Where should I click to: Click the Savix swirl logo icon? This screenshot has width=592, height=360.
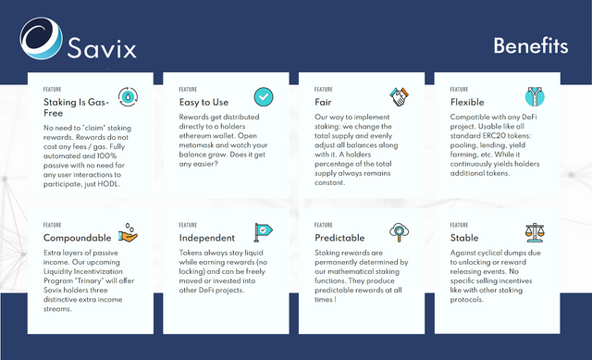41,38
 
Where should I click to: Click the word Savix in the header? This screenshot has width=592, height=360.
102,48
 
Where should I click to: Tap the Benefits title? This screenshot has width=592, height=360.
530,45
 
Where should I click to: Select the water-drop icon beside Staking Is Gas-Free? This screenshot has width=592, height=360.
128,96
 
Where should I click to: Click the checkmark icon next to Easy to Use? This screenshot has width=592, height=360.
264,96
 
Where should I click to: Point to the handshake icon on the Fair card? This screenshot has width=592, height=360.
399,96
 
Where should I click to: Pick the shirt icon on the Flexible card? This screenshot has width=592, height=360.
535,96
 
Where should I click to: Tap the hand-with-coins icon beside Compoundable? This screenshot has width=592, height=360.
128,232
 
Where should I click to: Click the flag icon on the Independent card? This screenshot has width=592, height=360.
263,232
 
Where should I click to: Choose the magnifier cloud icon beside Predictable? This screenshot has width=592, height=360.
399,232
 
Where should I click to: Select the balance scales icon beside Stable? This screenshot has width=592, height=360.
535,232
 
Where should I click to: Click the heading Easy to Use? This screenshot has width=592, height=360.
203,103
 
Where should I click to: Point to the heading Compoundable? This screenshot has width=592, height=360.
78,238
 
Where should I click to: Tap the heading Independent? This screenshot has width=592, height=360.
207,238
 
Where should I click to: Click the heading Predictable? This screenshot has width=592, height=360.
339,238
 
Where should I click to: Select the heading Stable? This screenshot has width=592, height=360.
464,238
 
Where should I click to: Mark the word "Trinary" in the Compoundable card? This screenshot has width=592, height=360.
89,280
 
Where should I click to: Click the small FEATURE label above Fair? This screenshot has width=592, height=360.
324,90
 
